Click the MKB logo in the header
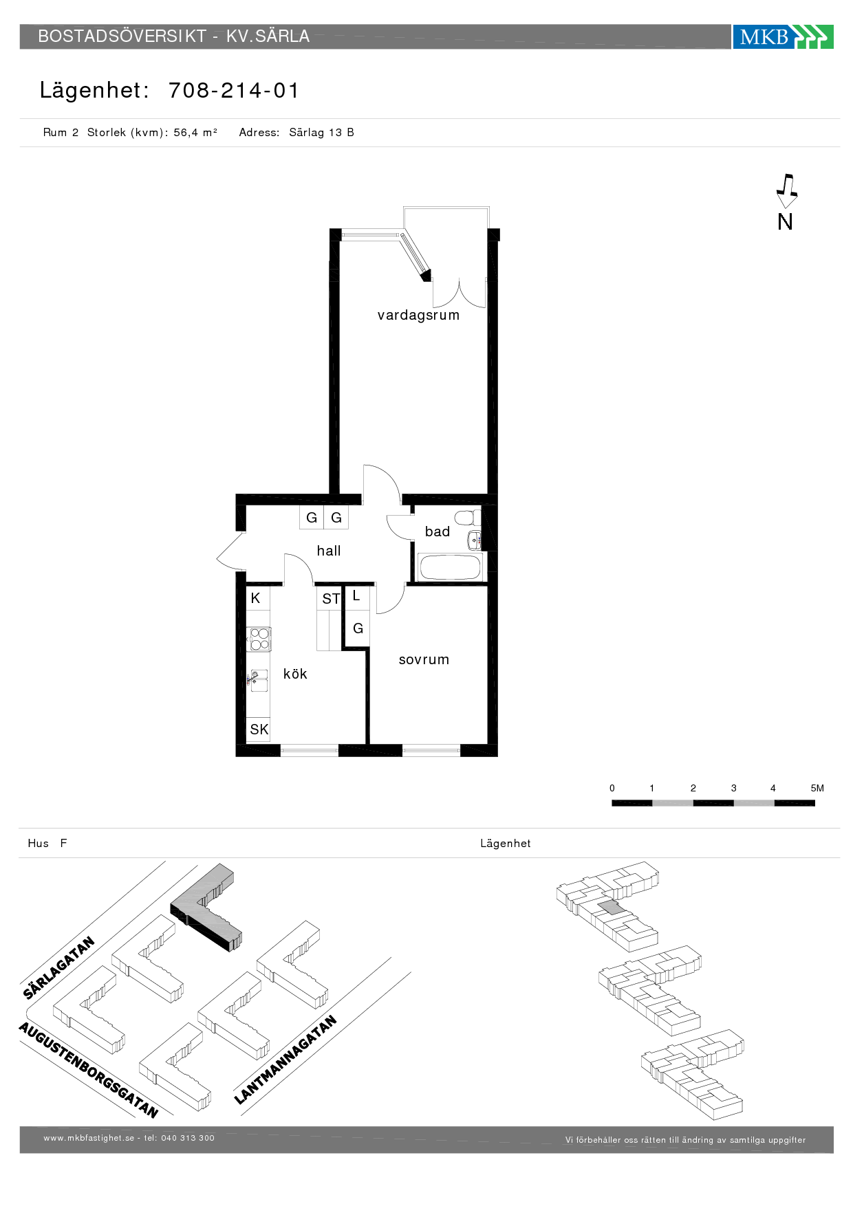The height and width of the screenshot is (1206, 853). click(783, 36)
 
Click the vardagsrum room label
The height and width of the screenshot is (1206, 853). click(418, 315)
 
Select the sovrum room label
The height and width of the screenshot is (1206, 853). click(424, 659)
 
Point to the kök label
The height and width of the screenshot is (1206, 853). click(295, 674)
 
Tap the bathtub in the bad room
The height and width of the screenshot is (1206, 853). click(450, 568)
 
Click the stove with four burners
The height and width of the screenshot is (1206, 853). click(259, 639)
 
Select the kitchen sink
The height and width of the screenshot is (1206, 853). click(258, 680)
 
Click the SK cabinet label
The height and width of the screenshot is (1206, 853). click(259, 729)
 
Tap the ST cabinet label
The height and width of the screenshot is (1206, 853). click(331, 599)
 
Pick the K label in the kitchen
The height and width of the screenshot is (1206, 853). click(255, 598)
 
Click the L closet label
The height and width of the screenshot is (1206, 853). click(356, 596)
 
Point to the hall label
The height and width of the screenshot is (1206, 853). click(329, 551)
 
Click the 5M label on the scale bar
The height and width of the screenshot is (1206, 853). click(817, 788)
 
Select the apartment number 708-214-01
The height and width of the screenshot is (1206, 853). click(234, 90)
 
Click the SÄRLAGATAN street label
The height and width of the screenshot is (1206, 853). click(58, 968)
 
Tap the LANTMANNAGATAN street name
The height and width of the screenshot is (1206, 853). click(285, 1060)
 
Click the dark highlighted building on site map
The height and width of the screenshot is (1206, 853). click(206, 907)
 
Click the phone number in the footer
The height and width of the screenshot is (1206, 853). click(188, 1138)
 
